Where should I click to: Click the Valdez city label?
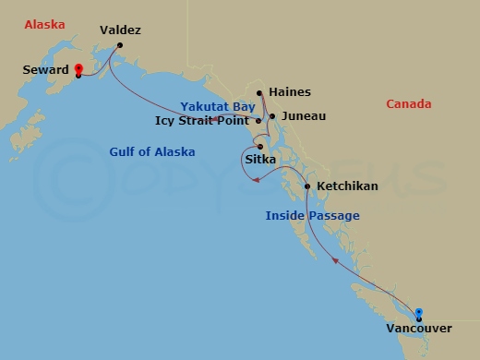click(120, 30)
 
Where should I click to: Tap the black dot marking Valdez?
click(120, 44)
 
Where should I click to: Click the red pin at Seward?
click(78, 69)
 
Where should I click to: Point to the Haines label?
click(289, 92)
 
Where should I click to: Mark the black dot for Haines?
click(260, 92)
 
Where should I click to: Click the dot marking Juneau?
click(272, 116)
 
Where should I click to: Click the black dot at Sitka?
click(261, 147)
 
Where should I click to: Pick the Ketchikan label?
click(347, 186)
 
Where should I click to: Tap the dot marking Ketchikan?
click(307, 187)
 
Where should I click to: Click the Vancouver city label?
click(419, 330)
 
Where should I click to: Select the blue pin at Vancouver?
click(419, 314)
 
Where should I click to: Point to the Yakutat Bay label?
click(217, 107)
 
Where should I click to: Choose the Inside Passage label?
click(312, 216)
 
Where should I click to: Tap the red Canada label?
click(408, 104)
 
